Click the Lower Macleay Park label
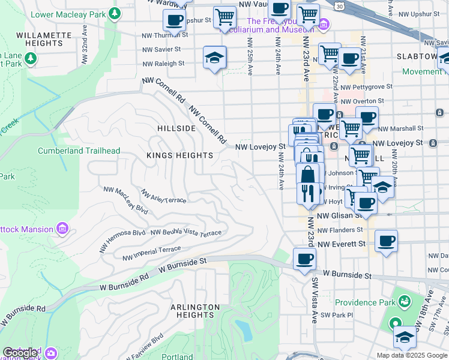67,14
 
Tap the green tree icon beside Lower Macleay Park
113,14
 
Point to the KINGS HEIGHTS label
180,155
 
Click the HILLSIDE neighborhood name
176,128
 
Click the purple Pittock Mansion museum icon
62,229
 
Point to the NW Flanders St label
340,230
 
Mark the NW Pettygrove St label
366,87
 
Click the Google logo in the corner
20,352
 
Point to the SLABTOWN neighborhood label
417,56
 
